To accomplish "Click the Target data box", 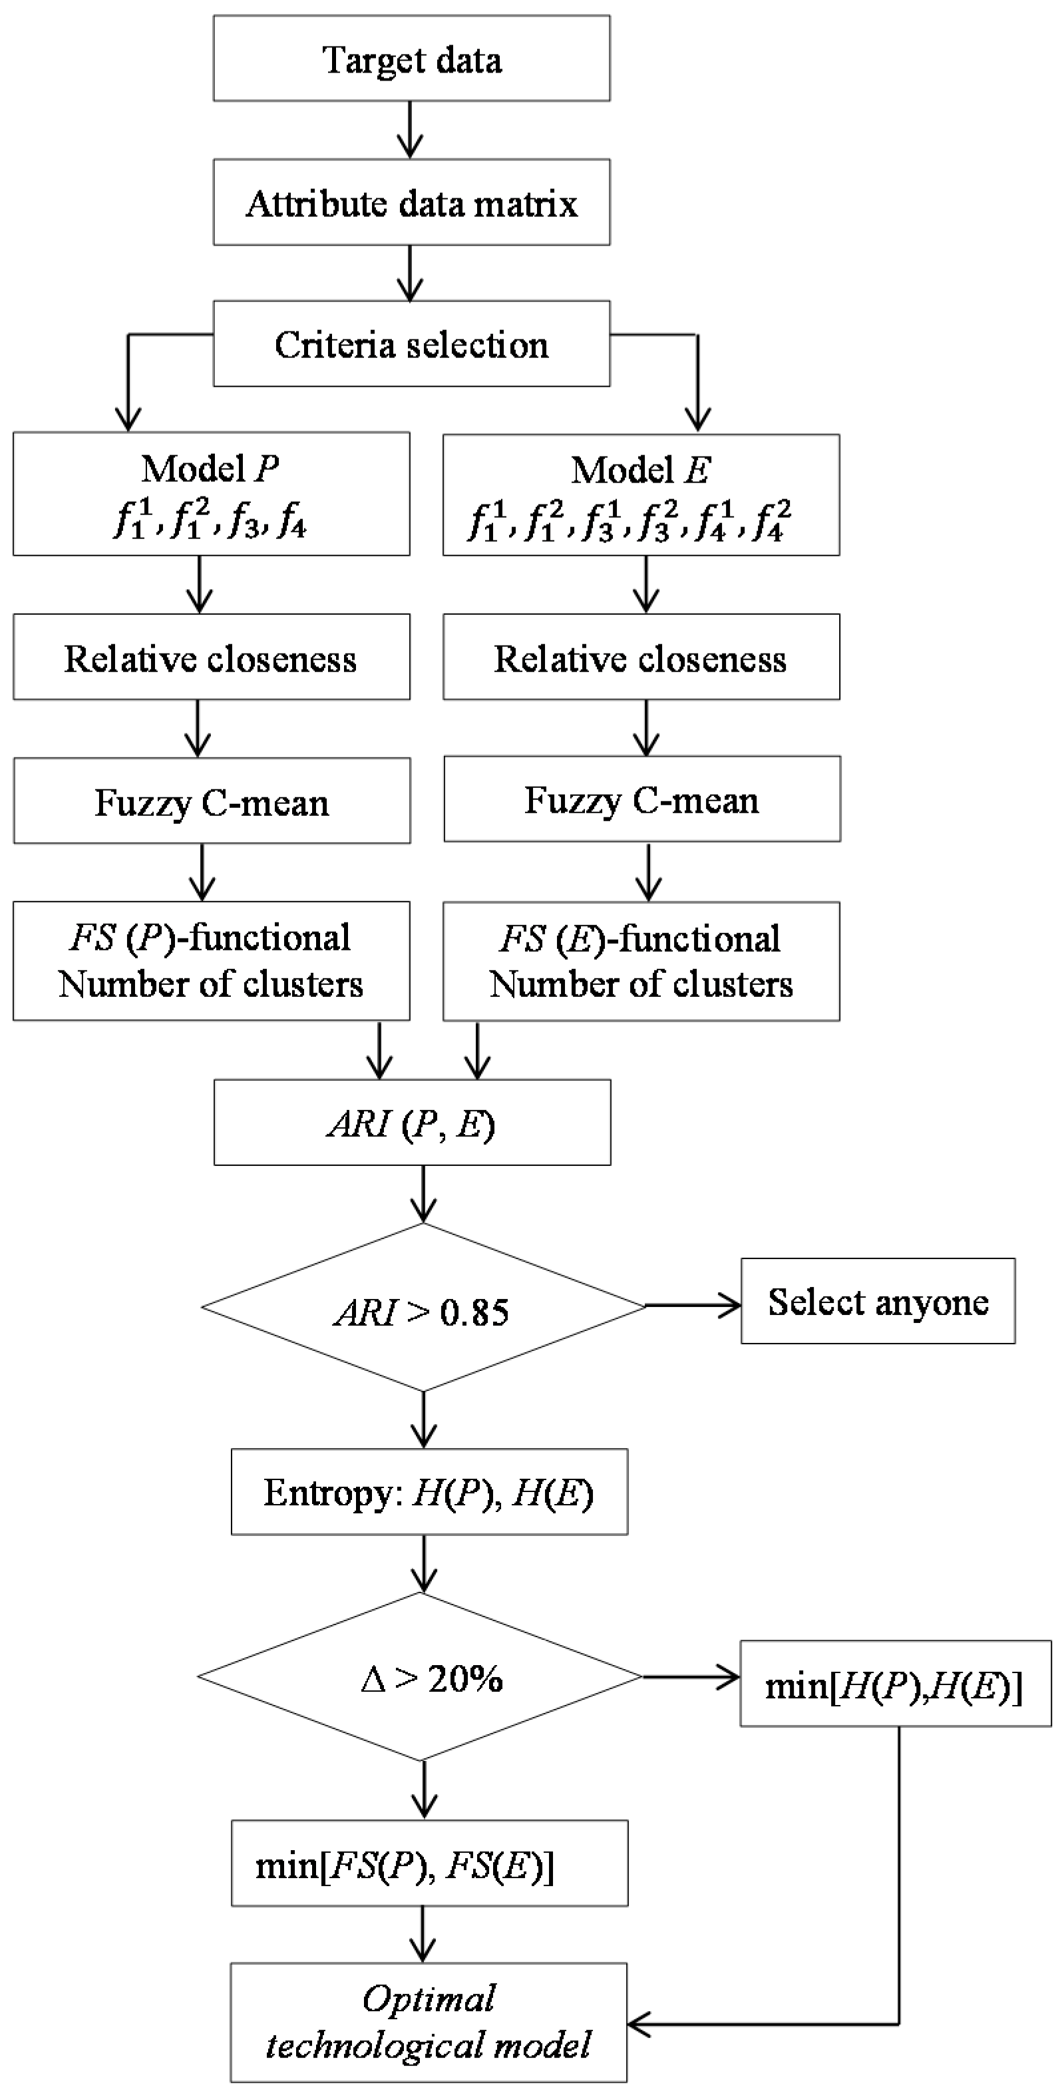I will [411, 59].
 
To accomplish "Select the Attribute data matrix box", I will [411, 202].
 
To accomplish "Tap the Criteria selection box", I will [411, 344].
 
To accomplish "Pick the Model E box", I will [641, 494].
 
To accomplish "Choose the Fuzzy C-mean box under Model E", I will [641, 799].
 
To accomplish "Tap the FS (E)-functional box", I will [641, 961].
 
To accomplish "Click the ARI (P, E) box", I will [412, 1122].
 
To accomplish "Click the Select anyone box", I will [878, 1301].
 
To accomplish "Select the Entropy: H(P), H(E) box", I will [429, 1492].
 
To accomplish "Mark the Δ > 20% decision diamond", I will [421, 1676].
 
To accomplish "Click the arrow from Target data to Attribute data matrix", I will [411, 130].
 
